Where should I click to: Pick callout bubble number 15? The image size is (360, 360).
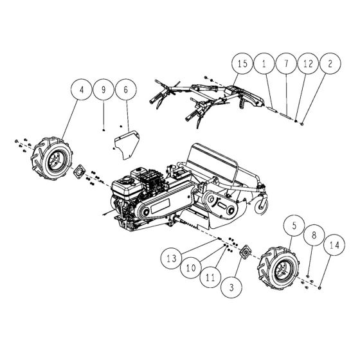242,65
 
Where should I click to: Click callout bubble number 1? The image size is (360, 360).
264,65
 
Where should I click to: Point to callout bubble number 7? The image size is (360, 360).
285,65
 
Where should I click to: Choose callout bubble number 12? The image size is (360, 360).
307,65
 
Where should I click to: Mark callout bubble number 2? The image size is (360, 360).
329,65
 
